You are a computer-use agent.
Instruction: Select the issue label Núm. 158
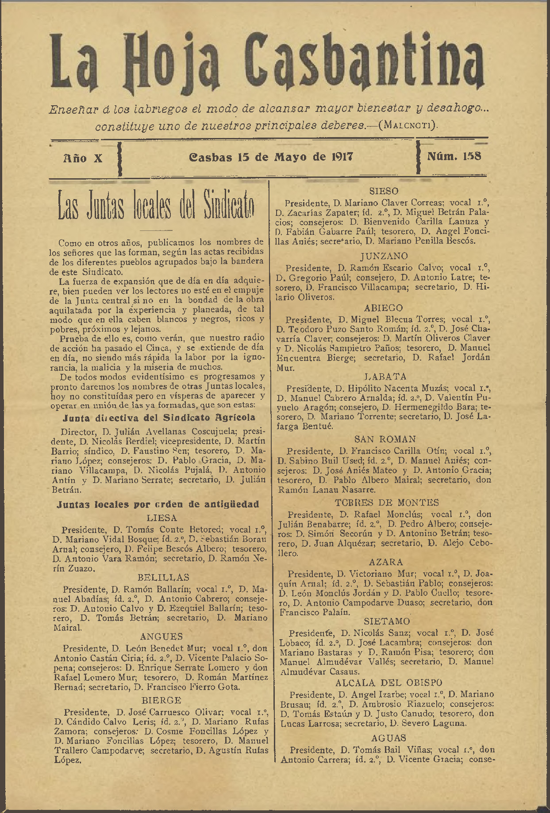454,156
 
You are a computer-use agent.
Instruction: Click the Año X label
83,158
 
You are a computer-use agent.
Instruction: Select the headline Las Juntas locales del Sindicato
156,207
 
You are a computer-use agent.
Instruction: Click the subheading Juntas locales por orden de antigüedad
158,504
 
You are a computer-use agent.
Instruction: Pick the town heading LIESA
162,518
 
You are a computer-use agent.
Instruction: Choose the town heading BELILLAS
163,577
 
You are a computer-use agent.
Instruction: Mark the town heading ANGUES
162,637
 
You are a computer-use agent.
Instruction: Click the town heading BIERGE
162,701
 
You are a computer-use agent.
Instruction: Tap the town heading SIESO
384,191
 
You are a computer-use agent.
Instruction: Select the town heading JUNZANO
384,256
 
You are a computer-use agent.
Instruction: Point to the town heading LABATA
385,377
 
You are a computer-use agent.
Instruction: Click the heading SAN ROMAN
385,439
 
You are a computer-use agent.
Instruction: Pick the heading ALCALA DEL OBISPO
388,683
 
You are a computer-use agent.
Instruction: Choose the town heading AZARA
386,562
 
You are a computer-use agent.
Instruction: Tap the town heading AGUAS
388,738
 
